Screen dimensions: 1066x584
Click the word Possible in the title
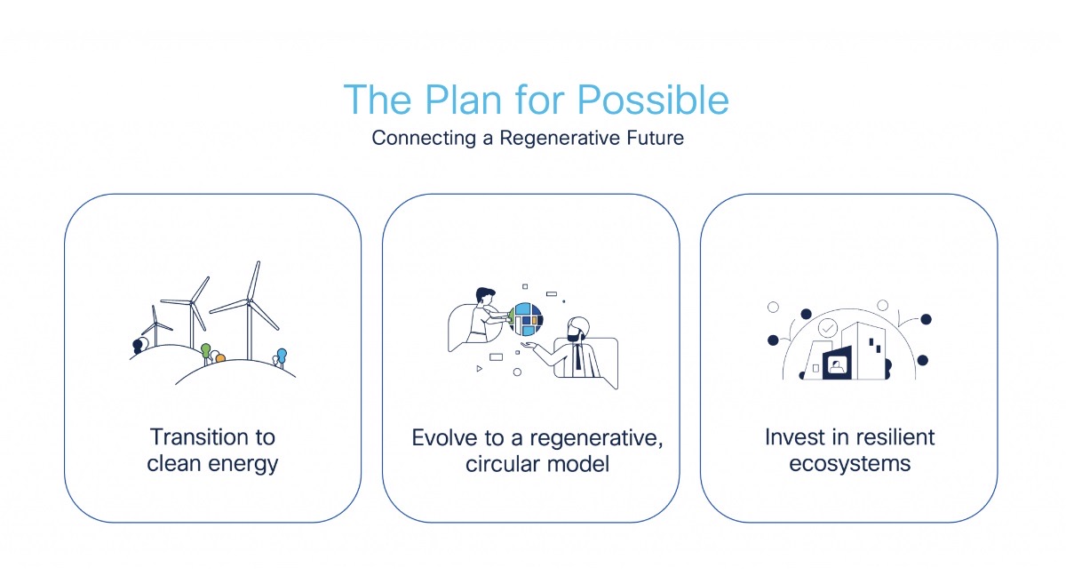[x=652, y=100]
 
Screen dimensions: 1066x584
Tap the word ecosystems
[x=849, y=464]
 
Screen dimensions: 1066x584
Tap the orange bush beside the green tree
[x=220, y=357]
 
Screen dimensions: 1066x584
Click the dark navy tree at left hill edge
[x=137, y=347]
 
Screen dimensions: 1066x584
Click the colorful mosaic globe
[x=526, y=319]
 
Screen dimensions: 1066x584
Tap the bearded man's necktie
[x=577, y=356]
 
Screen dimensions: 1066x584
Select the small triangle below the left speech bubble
[x=479, y=368]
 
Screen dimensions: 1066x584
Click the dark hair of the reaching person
[x=485, y=292]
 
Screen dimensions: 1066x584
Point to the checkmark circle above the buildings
[x=828, y=328]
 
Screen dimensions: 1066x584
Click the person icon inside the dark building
[x=837, y=366]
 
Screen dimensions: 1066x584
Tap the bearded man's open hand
[x=529, y=345]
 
